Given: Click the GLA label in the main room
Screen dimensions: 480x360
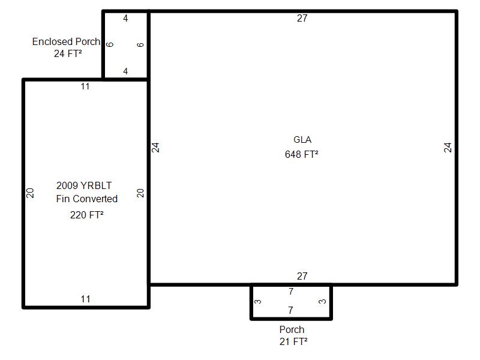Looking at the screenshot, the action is tap(302, 140).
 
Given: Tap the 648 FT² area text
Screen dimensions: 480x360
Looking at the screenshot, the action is tap(302, 154).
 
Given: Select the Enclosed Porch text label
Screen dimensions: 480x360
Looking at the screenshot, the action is tap(66, 41).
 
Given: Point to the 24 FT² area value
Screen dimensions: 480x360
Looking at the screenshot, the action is tap(68, 53).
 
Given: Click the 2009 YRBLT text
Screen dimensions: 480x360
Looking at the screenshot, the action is tap(84, 185).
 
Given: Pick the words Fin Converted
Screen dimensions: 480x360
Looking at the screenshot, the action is tap(86, 199).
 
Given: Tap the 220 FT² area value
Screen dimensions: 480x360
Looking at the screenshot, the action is tap(87, 215).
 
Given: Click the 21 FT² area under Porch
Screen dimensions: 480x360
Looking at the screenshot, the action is tap(293, 341).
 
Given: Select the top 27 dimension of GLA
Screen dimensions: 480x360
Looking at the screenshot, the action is tap(302, 19).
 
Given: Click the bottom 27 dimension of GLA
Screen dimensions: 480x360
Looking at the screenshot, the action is tap(302, 276).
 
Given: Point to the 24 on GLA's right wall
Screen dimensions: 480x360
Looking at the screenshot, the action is tap(448, 148).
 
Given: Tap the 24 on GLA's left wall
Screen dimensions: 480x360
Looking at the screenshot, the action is tap(155, 148).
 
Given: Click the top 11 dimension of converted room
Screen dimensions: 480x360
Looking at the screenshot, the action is tap(85, 86).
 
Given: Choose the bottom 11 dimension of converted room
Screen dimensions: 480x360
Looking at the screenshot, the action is tap(85, 299).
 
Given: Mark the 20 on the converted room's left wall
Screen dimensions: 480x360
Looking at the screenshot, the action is tap(30, 193).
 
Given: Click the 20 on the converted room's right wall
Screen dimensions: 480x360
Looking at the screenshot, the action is tap(140, 193).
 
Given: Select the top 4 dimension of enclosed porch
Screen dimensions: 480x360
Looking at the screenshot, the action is tap(125, 19).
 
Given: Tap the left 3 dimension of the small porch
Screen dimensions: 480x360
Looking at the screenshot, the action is tap(258, 302).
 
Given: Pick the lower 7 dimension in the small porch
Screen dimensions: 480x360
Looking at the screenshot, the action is tap(290, 310).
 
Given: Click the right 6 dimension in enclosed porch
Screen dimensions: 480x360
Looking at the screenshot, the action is tap(140, 44).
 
